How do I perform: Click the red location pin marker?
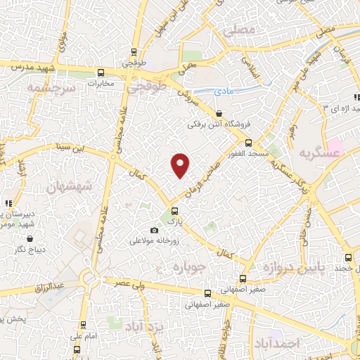[181, 165]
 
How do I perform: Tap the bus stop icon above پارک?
[174, 210]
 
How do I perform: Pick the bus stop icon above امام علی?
[84, 324]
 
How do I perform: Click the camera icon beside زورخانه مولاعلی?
[155, 231]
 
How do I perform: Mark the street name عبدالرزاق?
[49, 286]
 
